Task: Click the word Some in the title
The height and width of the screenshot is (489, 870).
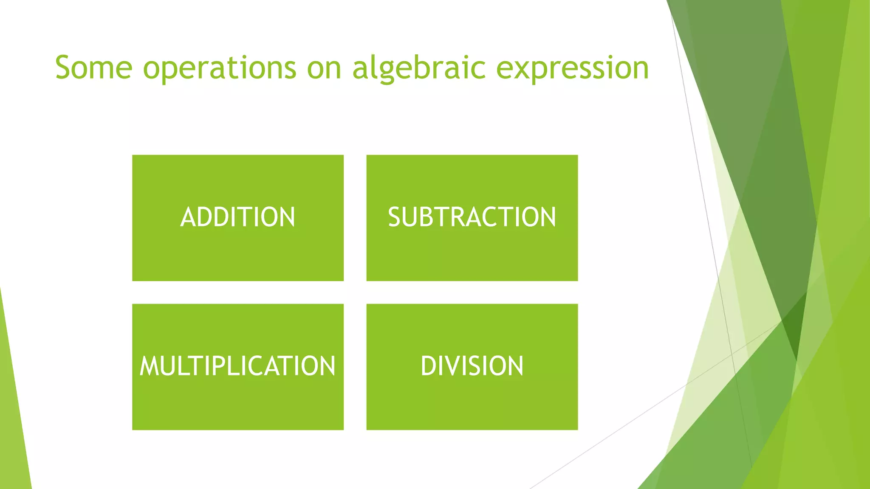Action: click(93, 68)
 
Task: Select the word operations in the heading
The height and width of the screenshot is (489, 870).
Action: click(219, 68)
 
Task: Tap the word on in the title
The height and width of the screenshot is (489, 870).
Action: click(324, 68)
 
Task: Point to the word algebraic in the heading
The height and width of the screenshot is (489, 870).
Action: click(419, 68)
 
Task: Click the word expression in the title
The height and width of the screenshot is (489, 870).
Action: click(572, 68)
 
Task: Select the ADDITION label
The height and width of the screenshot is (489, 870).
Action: click(237, 217)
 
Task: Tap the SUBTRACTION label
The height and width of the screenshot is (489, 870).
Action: click(472, 217)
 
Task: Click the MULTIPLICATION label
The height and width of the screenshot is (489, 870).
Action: click(237, 366)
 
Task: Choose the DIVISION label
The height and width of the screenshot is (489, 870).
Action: click(472, 366)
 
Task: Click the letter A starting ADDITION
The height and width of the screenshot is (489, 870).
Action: click(188, 217)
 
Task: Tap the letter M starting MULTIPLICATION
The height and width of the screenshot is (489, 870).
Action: click(149, 366)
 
